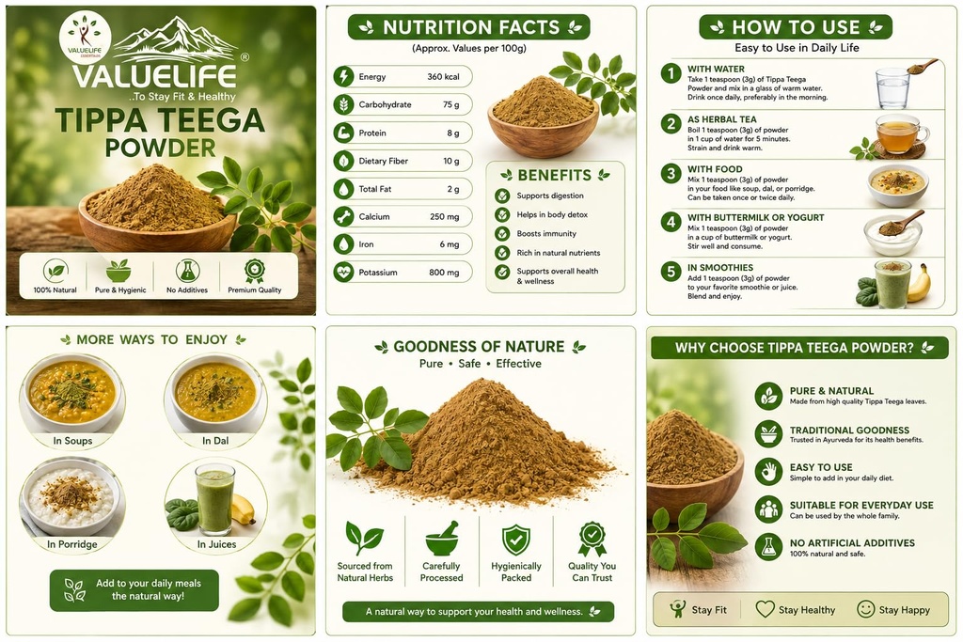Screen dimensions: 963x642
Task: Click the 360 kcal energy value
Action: pyautogui.click(x=443, y=77)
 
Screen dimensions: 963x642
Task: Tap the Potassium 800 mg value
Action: pyautogui.click(x=444, y=272)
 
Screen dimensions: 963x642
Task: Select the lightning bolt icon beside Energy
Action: pyautogui.click(x=343, y=77)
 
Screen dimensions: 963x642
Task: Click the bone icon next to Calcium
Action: pyautogui.click(x=343, y=216)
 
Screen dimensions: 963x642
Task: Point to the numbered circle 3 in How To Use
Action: pyautogui.click(x=671, y=174)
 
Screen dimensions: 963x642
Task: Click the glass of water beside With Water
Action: pyautogui.click(x=892, y=88)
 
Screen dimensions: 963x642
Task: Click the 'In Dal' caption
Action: pyautogui.click(x=215, y=441)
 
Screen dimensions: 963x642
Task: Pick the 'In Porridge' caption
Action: pyautogui.click(x=72, y=544)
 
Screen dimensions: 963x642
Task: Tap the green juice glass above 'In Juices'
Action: pyautogui.click(x=215, y=498)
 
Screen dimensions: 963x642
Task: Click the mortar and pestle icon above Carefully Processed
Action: pyautogui.click(x=442, y=539)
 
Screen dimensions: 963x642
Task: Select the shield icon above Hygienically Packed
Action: pyautogui.click(x=516, y=540)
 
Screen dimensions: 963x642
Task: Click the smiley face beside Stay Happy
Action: pyautogui.click(x=865, y=609)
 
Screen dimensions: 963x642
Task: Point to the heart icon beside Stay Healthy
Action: pyautogui.click(x=765, y=609)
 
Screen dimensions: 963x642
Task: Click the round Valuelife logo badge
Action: pyautogui.click(x=85, y=38)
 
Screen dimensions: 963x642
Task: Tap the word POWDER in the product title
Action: pyautogui.click(x=160, y=148)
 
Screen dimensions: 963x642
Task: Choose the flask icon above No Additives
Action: pyautogui.click(x=187, y=271)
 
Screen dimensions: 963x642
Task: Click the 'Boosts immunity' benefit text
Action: pyautogui.click(x=546, y=234)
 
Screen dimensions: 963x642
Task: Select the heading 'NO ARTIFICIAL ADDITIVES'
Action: pyautogui.click(x=852, y=543)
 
